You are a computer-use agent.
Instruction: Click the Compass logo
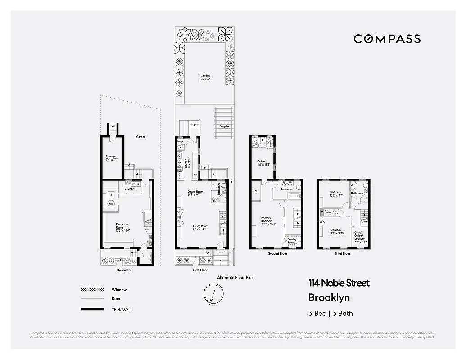pyautogui.click(x=387, y=39)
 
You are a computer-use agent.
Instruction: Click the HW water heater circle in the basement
pyautogui.click(x=111, y=204)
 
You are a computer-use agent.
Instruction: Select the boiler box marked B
pyautogui.click(x=111, y=194)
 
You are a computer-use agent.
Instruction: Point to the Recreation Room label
pyautogui.click(x=122, y=226)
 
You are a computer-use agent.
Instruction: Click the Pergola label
pyautogui.click(x=224, y=126)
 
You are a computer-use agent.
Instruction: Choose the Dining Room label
pyautogui.click(x=195, y=193)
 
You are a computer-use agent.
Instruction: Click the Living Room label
pyautogui.click(x=200, y=228)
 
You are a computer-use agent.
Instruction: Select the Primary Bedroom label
pyautogui.click(x=267, y=220)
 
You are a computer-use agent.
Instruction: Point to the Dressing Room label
pyautogui.click(x=291, y=241)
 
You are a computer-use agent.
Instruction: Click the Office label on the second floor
pyautogui.click(x=261, y=162)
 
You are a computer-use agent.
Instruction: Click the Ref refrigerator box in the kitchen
pyautogui.click(x=195, y=175)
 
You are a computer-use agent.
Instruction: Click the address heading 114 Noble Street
pyautogui.click(x=339, y=283)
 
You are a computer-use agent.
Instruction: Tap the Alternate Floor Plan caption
pyautogui.click(x=235, y=278)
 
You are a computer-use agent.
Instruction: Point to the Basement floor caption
pyautogui.click(x=124, y=270)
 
